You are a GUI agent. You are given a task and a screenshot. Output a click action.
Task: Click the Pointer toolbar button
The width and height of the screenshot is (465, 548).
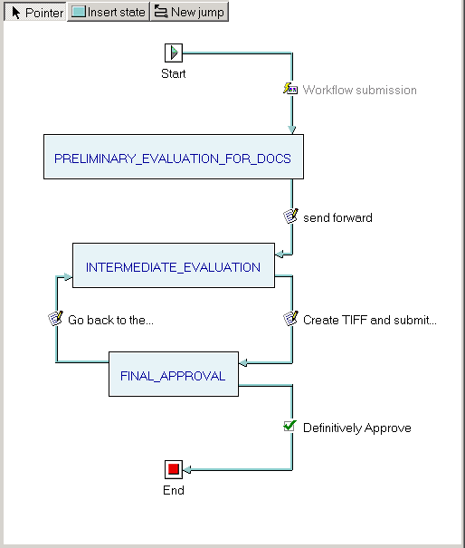[x=35, y=12]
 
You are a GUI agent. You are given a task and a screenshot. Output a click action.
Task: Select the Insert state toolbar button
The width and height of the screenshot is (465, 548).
[x=109, y=12]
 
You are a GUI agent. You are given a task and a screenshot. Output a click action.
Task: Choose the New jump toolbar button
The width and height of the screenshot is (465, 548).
[x=190, y=12]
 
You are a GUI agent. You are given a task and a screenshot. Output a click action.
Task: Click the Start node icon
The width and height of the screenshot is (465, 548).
[x=174, y=53]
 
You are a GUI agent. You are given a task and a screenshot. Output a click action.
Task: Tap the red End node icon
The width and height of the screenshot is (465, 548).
[x=174, y=469]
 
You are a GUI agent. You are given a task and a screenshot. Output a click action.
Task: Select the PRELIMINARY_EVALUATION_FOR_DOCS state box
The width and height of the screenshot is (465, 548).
[x=174, y=157]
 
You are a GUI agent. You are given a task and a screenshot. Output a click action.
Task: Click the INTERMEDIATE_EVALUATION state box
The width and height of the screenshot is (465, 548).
[x=174, y=265]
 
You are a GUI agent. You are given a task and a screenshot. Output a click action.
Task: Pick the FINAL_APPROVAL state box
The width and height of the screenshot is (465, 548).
[x=174, y=374]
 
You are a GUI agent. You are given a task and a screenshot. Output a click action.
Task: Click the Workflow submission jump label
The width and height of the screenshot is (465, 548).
[x=359, y=91]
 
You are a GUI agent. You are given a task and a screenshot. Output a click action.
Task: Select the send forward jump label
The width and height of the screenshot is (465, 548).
[x=337, y=217]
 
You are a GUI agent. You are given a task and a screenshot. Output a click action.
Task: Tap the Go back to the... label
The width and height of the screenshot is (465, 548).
[x=110, y=320]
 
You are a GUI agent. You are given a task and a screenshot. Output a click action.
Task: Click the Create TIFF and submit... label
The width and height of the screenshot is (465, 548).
[x=370, y=320]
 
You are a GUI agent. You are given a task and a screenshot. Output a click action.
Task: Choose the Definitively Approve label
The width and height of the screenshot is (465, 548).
[x=357, y=428]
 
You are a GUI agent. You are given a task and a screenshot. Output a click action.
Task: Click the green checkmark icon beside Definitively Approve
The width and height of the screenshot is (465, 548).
[x=290, y=426]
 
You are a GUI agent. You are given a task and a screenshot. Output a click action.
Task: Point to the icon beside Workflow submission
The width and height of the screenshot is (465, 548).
[x=290, y=89]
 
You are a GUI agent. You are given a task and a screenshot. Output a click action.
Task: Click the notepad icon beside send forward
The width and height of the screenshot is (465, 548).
[x=290, y=216]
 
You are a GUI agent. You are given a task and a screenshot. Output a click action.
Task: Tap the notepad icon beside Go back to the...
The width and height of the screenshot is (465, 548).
[x=55, y=319]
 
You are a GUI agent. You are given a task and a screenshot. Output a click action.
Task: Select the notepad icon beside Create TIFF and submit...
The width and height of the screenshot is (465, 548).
[x=290, y=319]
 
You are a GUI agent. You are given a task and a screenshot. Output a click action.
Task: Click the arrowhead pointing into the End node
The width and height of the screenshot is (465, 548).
[x=187, y=470]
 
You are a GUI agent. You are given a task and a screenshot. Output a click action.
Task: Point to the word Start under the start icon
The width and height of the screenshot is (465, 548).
[x=174, y=73]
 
